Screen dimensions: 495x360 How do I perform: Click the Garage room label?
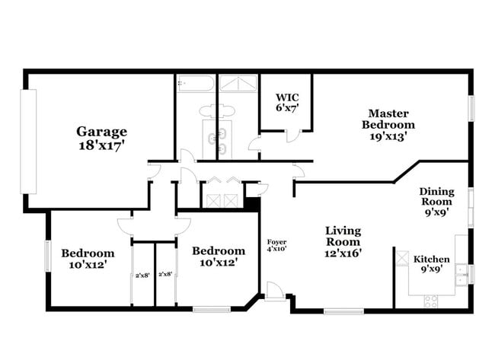pyautogui.click(x=101, y=132)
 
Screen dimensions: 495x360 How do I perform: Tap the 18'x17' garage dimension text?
pyautogui.click(x=101, y=145)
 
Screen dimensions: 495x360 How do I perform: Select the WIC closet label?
pyautogui.click(x=287, y=97)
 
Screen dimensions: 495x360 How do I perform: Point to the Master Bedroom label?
pyautogui.click(x=388, y=119)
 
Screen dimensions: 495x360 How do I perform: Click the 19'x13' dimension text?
pyautogui.click(x=388, y=136)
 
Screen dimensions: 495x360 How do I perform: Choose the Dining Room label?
pyautogui.click(x=437, y=196)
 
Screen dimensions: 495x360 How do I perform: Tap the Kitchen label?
pyautogui.click(x=432, y=260)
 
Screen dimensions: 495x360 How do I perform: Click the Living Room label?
pyautogui.click(x=343, y=236)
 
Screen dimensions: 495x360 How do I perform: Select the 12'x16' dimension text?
pyautogui.click(x=343, y=253)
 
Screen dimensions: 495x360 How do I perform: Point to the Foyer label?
pyautogui.click(x=277, y=242)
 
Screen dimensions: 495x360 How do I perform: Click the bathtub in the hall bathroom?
pyautogui.click(x=196, y=83)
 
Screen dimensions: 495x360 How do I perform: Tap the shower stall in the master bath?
pyautogui.click(x=238, y=83)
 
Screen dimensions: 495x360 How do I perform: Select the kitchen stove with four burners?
pyautogui.click(x=431, y=301)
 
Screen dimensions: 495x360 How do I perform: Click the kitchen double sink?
pyautogui.click(x=461, y=275)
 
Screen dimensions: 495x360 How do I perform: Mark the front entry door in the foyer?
pyautogui.click(x=273, y=291)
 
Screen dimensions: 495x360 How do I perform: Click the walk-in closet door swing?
pyautogui.click(x=292, y=135)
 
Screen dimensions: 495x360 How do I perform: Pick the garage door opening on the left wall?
pyautogui.click(x=28, y=142)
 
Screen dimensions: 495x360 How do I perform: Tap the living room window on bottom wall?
pyautogui.click(x=343, y=311)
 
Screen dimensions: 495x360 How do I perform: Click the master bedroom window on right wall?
pyautogui.click(x=471, y=109)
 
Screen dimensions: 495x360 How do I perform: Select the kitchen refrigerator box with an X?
pyautogui.click(x=402, y=258)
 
